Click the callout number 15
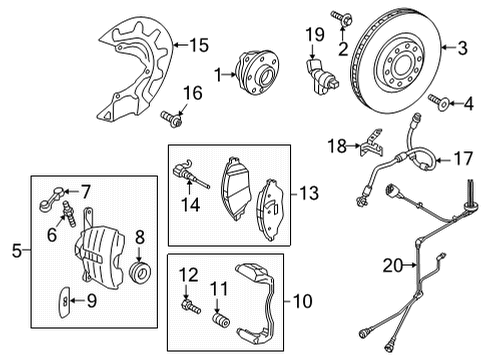[x=199, y=45]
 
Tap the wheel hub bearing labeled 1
[x=257, y=72]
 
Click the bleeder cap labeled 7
[x=51, y=199]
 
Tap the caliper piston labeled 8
[x=140, y=272]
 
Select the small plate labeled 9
[x=65, y=302]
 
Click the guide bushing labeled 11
[x=221, y=320]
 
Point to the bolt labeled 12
[x=190, y=306]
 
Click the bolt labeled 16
[x=172, y=119]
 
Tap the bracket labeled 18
[x=371, y=143]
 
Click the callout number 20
[x=392, y=266]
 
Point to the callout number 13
[x=309, y=193]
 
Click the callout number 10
[x=302, y=301]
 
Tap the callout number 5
[x=17, y=250]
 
